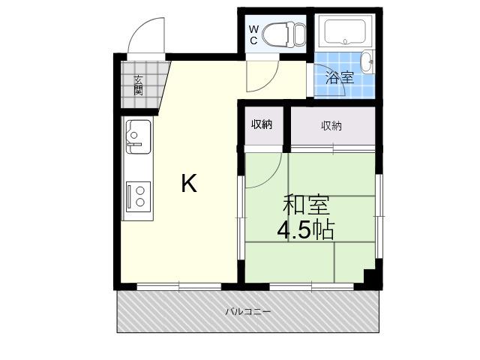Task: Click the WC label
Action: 253,34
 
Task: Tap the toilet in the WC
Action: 283,34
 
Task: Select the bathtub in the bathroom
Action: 345,32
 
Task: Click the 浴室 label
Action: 340,77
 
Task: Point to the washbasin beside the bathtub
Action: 367,62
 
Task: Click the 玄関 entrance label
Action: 138,85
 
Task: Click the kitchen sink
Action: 138,136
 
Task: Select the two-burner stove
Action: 138,196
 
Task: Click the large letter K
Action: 189,183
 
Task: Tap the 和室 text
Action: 306,205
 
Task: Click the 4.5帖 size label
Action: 305,229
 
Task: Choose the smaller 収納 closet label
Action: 262,124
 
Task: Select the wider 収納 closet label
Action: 331,125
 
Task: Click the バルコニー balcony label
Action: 248,312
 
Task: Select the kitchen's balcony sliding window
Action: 178,286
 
